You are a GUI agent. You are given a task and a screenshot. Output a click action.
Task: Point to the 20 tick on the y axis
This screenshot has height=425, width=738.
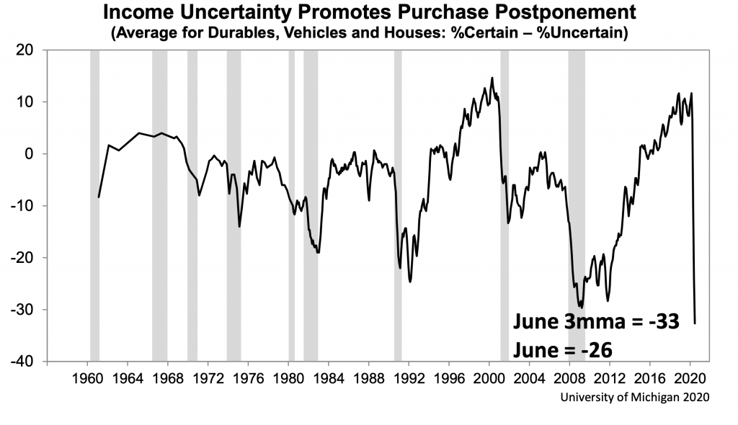pos(27,50)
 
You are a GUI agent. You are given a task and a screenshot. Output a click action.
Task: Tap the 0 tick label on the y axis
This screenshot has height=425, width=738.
pos(32,154)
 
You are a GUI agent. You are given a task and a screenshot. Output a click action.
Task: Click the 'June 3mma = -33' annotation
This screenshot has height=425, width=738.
pos(596,321)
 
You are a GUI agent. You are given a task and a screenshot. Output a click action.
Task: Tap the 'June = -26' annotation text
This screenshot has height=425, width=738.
pos(563,350)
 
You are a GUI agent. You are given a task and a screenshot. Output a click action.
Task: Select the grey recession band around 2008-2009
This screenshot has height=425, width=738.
pos(577,205)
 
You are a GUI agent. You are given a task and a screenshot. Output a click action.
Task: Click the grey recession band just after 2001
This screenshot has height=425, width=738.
pos(504,205)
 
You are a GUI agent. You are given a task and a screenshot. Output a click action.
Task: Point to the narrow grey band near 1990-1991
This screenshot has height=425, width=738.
pos(398,205)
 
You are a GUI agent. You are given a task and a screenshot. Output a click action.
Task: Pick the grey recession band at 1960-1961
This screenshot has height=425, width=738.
pos(94,205)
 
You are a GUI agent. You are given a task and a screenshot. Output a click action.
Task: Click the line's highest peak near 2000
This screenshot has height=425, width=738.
pos(492,78)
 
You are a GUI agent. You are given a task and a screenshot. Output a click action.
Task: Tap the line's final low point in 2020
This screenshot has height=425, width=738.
pos(695,323)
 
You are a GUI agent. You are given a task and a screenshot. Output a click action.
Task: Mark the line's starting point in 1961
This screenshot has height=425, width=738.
pos(99,197)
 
